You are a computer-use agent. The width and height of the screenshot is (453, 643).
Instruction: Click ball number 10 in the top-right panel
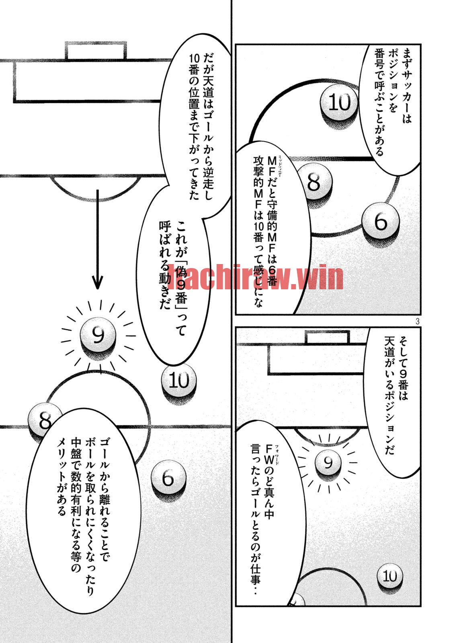339,102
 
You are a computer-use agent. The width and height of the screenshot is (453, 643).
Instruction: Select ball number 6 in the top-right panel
380,221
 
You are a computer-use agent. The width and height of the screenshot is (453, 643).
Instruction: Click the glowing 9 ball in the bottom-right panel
328,462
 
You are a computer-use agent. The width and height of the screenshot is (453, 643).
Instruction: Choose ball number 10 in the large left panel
179,380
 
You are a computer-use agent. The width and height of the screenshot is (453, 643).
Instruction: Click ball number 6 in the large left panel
168,478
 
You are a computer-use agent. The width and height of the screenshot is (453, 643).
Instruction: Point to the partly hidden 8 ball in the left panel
43,420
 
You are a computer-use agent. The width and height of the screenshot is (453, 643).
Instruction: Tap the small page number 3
417,321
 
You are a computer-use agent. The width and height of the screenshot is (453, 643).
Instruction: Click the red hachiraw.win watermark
255,277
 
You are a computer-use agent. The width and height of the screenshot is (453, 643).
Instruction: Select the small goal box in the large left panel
96,51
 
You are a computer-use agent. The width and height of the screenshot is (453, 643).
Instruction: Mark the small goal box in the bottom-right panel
327,338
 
